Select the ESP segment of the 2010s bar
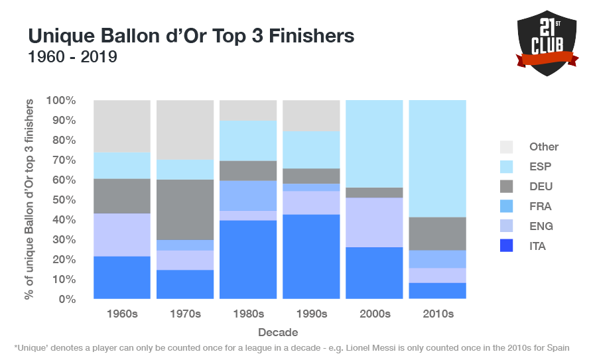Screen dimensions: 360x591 [437, 158]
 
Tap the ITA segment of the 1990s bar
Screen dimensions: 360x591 [311, 257]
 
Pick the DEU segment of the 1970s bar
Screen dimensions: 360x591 [185, 210]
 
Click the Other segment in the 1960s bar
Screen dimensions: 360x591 [122, 126]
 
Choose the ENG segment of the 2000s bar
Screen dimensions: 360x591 [374, 222]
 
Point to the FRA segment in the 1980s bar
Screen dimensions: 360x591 [248, 196]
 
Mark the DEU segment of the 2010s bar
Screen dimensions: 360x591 [437, 233]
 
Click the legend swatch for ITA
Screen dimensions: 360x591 [507, 247]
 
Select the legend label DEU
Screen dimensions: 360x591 [541, 187]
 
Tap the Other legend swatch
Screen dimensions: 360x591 [507, 147]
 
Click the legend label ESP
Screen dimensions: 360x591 [541, 167]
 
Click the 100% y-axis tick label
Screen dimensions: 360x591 [62, 101]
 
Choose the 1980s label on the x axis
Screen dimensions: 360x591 [248, 314]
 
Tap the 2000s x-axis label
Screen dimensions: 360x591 [374, 314]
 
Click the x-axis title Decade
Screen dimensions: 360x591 [279, 332]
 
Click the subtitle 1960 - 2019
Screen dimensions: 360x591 [72, 58]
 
